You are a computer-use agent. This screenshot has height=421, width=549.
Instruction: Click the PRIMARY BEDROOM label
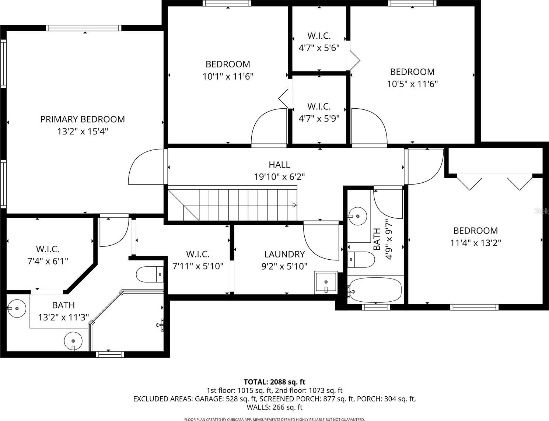[83, 119]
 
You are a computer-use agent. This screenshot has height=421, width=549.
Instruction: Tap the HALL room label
[279, 165]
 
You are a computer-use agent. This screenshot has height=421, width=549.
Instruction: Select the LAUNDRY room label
[284, 254]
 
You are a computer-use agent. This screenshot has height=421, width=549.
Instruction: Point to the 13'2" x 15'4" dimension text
[83, 131]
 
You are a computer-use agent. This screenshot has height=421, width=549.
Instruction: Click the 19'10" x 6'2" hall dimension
[279, 176]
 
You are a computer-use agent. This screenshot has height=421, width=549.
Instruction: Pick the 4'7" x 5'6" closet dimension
[319, 48]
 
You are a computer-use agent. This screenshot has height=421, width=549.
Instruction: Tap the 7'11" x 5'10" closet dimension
[198, 266]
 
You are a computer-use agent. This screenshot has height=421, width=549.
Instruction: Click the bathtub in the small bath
[375, 290]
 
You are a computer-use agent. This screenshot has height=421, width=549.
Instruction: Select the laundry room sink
[326, 283]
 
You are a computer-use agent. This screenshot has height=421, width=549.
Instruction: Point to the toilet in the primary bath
[150, 274]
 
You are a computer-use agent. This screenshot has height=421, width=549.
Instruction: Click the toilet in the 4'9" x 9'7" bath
[361, 259]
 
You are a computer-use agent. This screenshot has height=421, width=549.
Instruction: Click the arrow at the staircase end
[295, 205]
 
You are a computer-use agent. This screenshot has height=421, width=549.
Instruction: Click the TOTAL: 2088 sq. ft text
[274, 382]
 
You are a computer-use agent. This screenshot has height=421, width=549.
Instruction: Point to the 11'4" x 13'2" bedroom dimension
[475, 243]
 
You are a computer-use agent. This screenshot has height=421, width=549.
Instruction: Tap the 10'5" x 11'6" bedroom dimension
[412, 84]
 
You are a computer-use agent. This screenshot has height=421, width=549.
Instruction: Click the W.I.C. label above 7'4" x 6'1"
[48, 249]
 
